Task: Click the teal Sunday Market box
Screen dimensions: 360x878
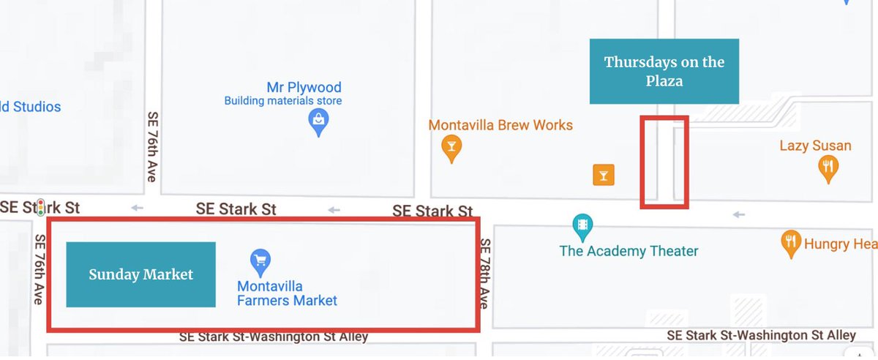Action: point(141,274)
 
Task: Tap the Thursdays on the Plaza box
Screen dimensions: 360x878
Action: point(664,71)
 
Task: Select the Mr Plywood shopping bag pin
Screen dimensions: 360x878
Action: point(318,122)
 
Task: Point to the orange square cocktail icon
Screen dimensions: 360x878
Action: point(603,175)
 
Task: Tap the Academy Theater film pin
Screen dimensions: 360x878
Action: point(582,226)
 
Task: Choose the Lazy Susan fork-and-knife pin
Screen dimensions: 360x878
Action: point(827,168)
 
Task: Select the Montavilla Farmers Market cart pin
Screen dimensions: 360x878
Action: point(260,261)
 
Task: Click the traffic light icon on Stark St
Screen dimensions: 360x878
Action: point(42,207)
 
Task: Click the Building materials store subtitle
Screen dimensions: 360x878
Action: point(282,101)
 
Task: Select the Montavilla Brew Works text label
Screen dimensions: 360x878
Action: point(500,125)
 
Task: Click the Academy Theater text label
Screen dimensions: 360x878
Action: point(629,251)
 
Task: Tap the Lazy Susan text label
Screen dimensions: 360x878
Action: point(815,146)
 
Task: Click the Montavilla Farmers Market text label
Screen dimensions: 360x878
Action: point(287,293)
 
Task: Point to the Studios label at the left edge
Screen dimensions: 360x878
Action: point(31,107)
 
